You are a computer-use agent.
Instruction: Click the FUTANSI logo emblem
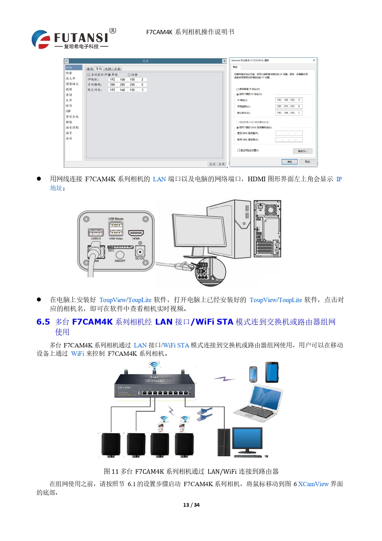(41, 39)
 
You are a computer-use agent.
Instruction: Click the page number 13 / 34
(191, 505)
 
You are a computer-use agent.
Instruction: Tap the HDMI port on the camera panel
(136, 233)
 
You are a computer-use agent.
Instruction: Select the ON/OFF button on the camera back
(120, 255)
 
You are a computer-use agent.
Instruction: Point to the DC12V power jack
(140, 252)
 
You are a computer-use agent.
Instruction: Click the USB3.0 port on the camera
(96, 233)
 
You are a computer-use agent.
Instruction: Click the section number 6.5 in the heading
(43, 322)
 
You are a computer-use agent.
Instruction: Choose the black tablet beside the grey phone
(272, 372)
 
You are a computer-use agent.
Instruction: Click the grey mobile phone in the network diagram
(253, 374)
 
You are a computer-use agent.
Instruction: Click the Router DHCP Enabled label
(155, 379)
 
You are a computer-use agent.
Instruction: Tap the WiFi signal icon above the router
(154, 366)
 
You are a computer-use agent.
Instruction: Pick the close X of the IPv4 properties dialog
(314, 60)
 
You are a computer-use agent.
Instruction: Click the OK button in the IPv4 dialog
(289, 162)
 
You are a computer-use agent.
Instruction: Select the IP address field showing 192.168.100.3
(289, 100)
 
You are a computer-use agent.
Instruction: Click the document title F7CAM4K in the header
(159, 32)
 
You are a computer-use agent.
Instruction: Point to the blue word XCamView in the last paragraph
(313, 484)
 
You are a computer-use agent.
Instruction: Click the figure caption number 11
(115, 472)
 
